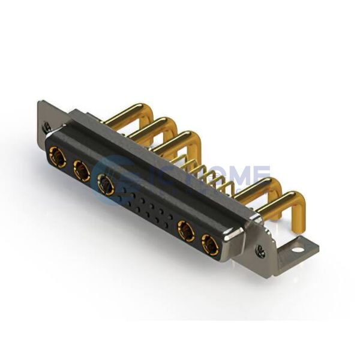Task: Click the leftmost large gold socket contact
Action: pyautogui.click(x=58, y=157)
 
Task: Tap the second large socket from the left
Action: pyautogui.click(x=81, y=171)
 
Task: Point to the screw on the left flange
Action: pyautogui.click(x=46, y=127)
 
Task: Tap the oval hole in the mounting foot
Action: pyautogui.click(x=298, y=247)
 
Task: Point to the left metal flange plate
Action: pyautogui.click(x=48, y=120)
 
